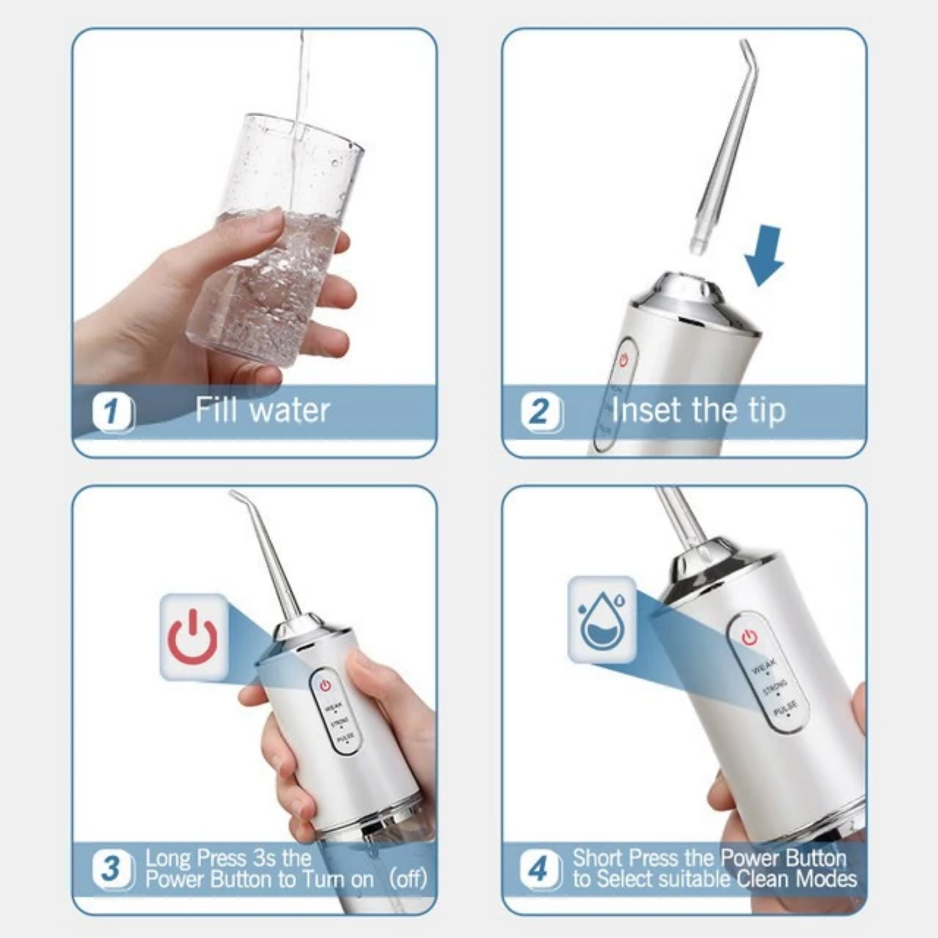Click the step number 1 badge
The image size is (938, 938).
point(112,412)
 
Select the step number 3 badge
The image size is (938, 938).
point(112,869)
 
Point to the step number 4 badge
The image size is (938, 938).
point(539,869)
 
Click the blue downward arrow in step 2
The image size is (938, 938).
point(765,256)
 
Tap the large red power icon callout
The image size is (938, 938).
point(193,637)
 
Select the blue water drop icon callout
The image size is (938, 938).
point(602,619)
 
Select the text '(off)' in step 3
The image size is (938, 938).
point(408,880)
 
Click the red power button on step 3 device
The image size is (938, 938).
point(325,685)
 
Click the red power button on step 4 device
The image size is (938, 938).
point(750,637)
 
